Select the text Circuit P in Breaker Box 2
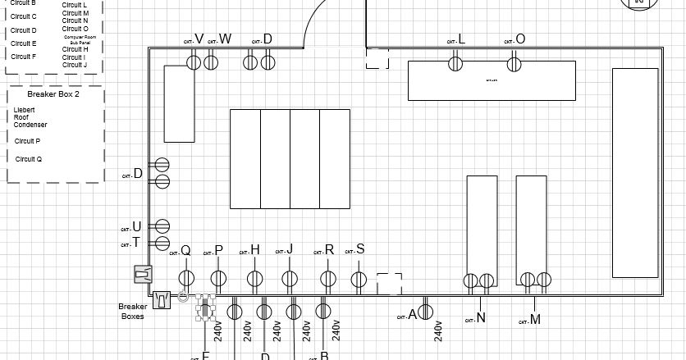click(x=28, y=141)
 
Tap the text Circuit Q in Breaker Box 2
click(x=28, y=159)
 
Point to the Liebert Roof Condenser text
click(x=30, y=117)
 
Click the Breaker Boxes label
click(x=133, y=311)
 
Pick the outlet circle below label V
click(x=194, y=62)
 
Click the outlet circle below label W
click(x=211, y=62)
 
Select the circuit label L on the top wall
click(x=461, y=39)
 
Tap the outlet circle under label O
click(x=514, y=63)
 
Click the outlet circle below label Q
click(x=186, y=279)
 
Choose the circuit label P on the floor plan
click(x=218, y=250)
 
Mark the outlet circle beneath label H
click(x=254, y=280)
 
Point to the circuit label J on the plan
click(x=290, y=249)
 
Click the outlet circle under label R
click(x=327, y=280)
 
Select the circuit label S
click(x=360, y=250)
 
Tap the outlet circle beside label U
click(x=162, y=226)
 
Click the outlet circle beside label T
click(x=162, y=243)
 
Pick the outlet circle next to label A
click(x=426, y=312)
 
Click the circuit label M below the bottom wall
click(x=535, y=320)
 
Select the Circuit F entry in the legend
click(x=23, y=57)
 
